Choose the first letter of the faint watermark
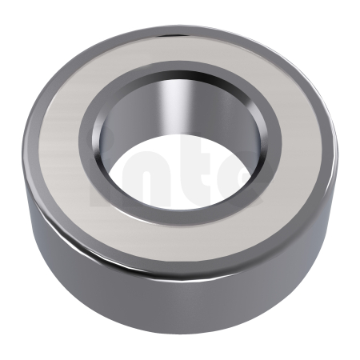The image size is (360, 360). tap(103, 172)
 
